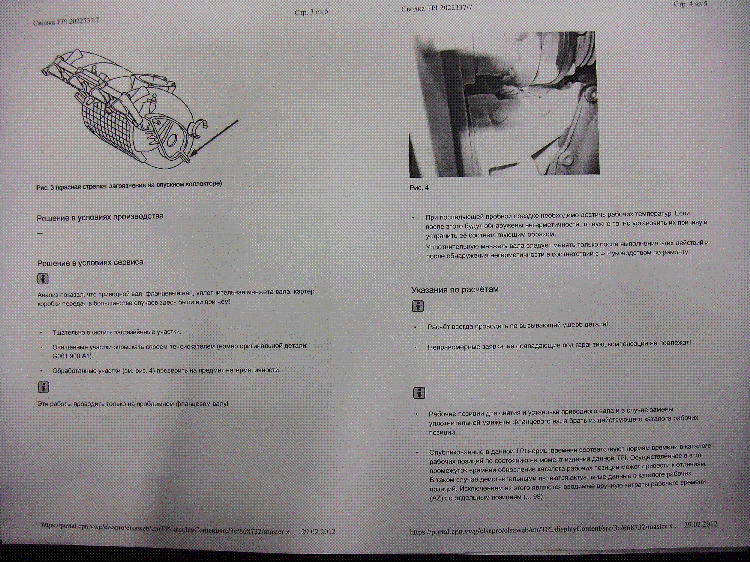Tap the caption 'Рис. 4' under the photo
[419, 188]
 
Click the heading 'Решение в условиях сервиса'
[90, 262]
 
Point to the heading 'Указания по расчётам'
[455, 290]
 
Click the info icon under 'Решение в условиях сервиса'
[43, 279]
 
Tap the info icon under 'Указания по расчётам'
[418, 306]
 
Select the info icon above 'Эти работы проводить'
[43, 387]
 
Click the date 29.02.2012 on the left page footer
[318, 531]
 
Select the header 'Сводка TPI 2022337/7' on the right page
[437, 8]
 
